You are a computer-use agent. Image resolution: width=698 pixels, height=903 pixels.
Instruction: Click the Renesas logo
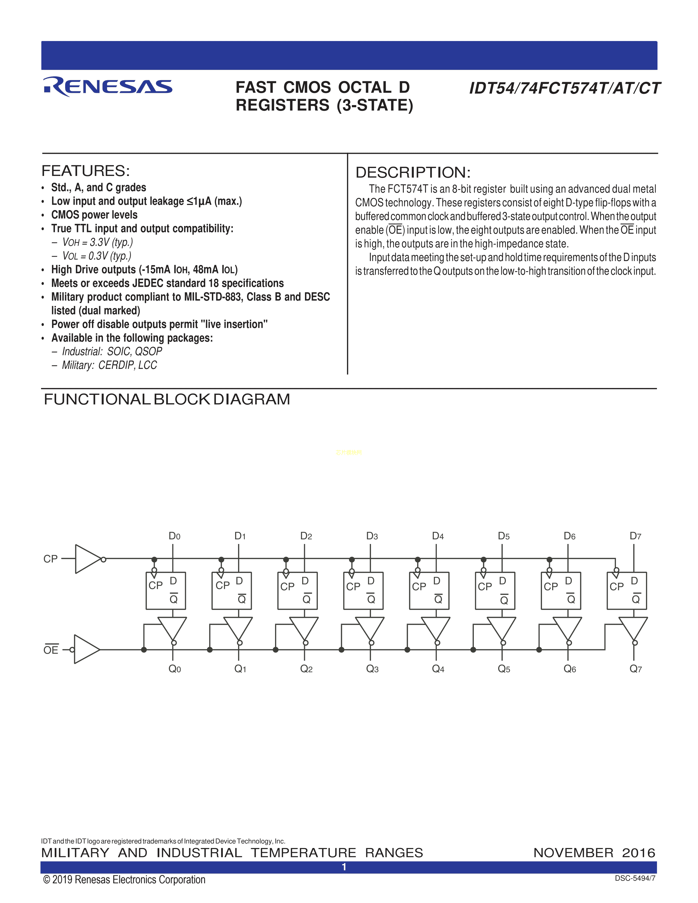point(108,86)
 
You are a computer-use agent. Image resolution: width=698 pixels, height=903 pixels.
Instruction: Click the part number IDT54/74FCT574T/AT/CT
point(564,88)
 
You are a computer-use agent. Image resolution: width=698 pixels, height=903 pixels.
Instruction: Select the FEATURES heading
point(86,171)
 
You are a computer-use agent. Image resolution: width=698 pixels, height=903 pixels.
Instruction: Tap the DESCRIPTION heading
point(413,172)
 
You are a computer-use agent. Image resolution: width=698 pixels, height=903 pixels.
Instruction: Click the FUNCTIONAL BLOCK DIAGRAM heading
point(167,400)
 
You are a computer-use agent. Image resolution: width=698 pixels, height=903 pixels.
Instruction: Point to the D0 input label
point(174,536)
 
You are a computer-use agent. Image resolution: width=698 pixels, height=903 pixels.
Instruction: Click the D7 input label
point(635,536)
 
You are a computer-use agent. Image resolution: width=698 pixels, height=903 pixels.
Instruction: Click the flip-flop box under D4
point(429,591)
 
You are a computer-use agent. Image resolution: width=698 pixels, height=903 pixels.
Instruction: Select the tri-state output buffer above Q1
point(238,629)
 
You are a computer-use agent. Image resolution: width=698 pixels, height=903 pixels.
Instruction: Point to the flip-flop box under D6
point(561,591)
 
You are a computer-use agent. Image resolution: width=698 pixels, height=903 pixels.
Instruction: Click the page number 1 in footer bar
point(344,867)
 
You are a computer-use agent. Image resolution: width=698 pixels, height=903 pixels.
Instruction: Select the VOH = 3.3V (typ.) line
point(98,242)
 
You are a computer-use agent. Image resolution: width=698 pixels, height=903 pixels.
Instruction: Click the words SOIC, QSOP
point(134,351)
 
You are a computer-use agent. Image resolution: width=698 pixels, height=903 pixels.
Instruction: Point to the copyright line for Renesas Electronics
point(124,879)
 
